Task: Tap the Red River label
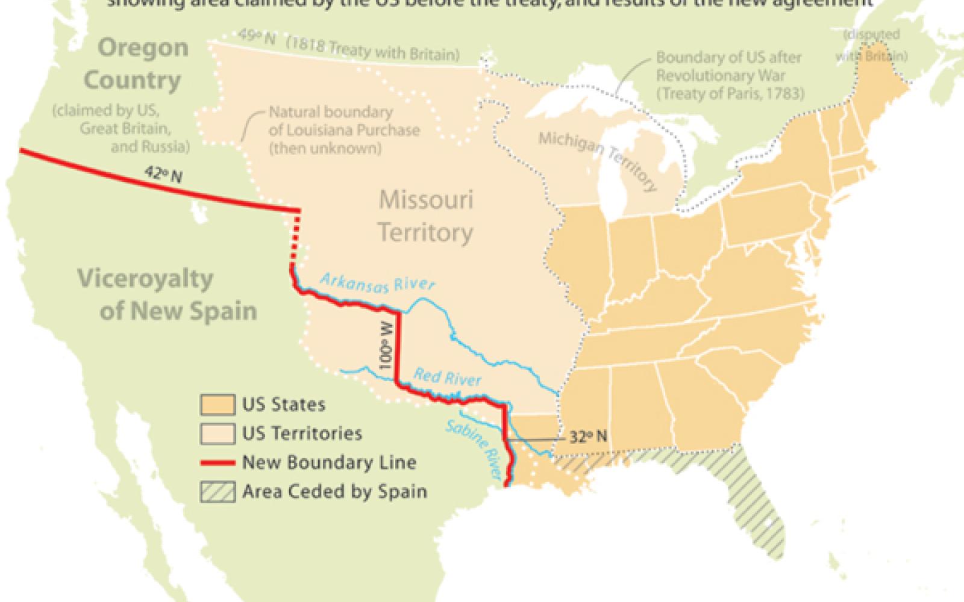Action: click(x=447, y=377)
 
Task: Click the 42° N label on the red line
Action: click(x=163, y=175)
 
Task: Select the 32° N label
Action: click(x=588, y=437)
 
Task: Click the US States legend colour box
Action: click(x=218, y=405)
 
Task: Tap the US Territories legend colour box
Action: click(x=218, y=433)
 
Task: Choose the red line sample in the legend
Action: click(x=218, y=462)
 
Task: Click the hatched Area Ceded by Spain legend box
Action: click(x=218, y=491)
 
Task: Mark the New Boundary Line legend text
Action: click(x=329, y=462)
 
